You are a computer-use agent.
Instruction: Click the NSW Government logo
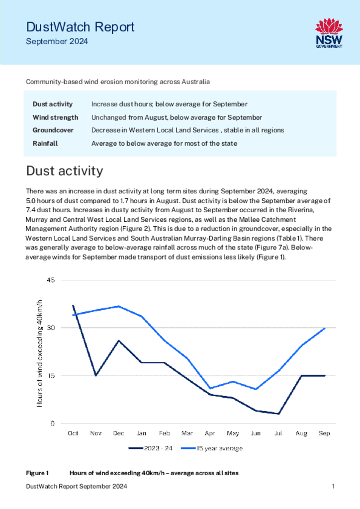(329, 33)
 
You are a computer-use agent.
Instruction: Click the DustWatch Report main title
(80, 27)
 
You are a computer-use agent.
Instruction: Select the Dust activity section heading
(65, 171)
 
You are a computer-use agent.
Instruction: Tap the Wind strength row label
(56, 117)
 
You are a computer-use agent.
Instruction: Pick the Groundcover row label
(53, 130)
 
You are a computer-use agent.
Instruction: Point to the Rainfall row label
(45, 144)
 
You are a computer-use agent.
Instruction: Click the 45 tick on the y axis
(51, 280)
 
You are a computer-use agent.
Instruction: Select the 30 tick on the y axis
(51, 328)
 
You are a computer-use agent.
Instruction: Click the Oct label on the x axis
(73, 433)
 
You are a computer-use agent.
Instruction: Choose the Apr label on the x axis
(210, 433)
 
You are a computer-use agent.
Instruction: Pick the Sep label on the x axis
(324, 433)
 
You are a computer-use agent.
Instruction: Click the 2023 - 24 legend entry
(151, 448)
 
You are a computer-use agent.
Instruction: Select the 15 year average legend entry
(212, 448)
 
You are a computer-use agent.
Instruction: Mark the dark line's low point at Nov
(96, 376)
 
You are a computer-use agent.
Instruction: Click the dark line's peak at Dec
(119, 340)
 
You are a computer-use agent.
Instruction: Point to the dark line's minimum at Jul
(278, 414)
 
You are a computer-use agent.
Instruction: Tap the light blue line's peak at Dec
(119, 306)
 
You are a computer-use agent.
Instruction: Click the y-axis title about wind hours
(39, 353)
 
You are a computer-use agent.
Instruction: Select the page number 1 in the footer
(333, 486)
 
